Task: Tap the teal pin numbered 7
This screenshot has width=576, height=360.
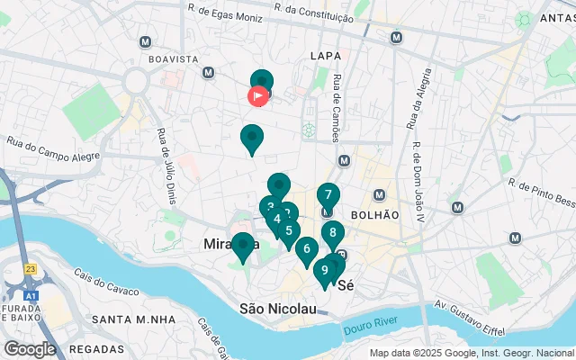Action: coord(328,194)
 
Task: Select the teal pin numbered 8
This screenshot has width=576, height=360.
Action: coord(333,233)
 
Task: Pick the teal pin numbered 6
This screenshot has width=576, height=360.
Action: coord(307,249)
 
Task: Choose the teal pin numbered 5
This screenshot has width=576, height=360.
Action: coord(288,230)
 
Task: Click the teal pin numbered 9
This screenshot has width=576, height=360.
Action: coord(324,269)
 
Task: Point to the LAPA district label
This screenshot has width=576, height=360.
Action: coord(325,56)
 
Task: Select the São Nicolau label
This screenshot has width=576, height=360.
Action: coord(277,309)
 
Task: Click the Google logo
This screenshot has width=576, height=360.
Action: coord(30,349)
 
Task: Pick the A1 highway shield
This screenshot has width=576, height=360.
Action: coord(32,293)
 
